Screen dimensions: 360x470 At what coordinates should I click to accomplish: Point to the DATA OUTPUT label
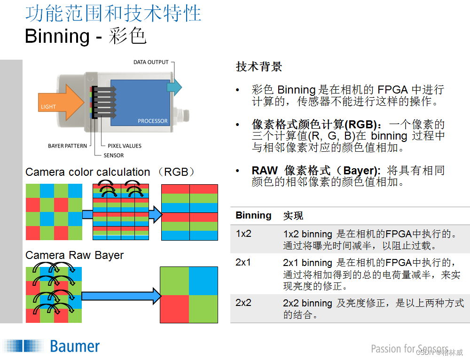pos(151,62)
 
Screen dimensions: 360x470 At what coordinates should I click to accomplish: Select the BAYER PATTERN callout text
pos(67,146)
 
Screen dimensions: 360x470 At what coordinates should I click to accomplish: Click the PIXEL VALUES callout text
pos(125,146)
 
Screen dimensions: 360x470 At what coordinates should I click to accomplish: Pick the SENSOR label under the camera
pos(114,155)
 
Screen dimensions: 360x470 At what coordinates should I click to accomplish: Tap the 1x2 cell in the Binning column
pos(243,234)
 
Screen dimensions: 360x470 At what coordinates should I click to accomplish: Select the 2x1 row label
pos(243,262)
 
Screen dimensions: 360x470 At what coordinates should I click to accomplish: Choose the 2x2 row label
pos(243,303)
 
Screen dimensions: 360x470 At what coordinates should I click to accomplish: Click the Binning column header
pos(253,215)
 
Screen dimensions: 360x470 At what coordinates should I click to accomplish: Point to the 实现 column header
pos(293,216)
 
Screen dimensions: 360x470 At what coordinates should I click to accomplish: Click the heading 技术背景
pos(258,67)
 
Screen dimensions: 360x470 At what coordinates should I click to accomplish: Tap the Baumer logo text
pos(75,347)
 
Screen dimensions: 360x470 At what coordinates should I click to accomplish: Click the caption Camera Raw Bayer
pos(74,255)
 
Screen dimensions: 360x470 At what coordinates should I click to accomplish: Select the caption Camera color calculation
pos(88,172)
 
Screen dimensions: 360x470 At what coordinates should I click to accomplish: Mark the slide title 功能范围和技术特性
pos(113,14)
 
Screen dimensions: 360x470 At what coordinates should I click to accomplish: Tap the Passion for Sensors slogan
pos(409,349)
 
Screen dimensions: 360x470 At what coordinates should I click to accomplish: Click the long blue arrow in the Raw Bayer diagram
pos(120,296)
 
